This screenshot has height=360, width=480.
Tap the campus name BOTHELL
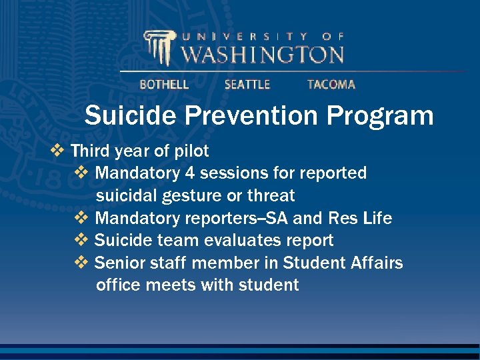[x=164, y=85]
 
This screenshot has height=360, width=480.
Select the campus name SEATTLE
[x=247, y=85]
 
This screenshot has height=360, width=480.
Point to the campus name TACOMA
[x=331, y=85]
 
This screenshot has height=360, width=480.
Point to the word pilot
[x=191, y=151]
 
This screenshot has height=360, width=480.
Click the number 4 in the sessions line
[x=190, y=173]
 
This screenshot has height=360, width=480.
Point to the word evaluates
[x=235, y=240]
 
